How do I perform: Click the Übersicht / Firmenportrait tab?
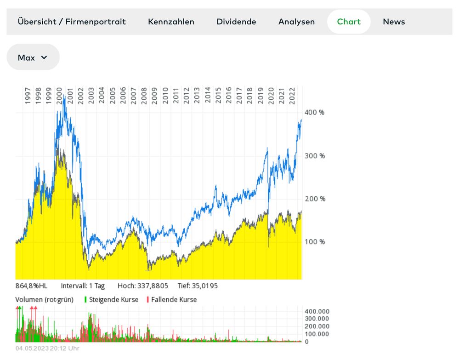click(x=72, y=22)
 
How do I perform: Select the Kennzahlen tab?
click(x=171, y=22)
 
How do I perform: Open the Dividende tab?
click(x=236, y=22)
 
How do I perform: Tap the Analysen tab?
click(x=296, y=22)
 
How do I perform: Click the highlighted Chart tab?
click(x=349, y=22)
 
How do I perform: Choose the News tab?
click(x=394, y=22)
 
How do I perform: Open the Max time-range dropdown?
click(x=33, y=57)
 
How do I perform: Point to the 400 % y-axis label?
click(x=315, y=113)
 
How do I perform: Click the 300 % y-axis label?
click(x=315, y=156)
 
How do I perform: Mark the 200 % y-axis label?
click(x=315, y=199)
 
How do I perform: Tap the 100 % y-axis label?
click(x=315, y=242)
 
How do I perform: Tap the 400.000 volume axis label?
click(x=317, y=311)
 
